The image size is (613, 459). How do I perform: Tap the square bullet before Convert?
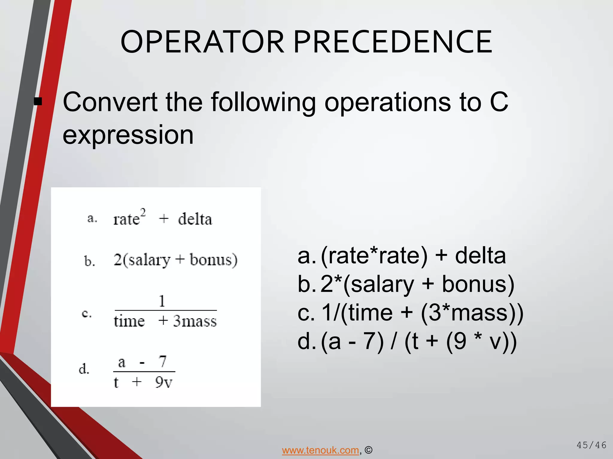(x=38, y=102)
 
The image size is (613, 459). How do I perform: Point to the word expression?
(x=128, y=135)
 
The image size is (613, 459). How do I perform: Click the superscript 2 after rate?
(x=143, y=213)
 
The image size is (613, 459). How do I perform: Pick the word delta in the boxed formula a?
(x=195, y=219)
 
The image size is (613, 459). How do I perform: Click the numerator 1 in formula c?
(x=162, y=301)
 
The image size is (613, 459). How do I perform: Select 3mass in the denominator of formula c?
(x=195, y=321)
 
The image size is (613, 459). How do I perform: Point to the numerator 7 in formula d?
(x=163, y=362)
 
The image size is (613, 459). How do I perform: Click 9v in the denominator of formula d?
(x=164, y=382)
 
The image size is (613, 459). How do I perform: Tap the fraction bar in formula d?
(x=144, y=371)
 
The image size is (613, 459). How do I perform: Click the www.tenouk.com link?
(x=320, y=450)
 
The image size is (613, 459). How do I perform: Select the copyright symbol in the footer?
(x=368, y=450)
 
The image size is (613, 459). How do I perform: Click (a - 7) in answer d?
(x=352, y=342)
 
